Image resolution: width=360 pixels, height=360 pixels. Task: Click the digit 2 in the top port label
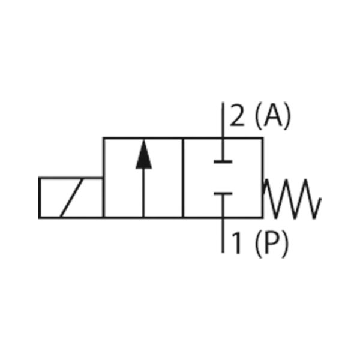(x=237, y=115)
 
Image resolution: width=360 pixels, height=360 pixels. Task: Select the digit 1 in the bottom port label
(x=236, y=243)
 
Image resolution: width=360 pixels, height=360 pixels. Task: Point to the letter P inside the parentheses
(x=271, y=243)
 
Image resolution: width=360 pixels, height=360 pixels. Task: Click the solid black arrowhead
(x=144, y=155)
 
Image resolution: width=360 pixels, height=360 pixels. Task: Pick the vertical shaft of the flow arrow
(x=144, y=193)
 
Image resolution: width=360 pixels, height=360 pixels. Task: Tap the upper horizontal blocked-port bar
(x=223, y=162)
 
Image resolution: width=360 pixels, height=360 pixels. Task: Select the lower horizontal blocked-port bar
(x=223, y=194)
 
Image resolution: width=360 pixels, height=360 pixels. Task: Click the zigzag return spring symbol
(x=292, y=199)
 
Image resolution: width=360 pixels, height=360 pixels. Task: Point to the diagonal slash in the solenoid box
(x=71, y=197)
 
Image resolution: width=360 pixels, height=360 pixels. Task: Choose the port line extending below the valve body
(x=223, y=235)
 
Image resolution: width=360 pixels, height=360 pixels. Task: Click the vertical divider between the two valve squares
(x=183, y=178)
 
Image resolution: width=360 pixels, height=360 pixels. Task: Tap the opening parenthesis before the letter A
(x=258, y=116)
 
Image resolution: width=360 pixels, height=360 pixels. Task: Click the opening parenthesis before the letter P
(x=258, y=244)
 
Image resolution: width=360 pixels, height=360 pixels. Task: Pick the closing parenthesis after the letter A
(x=287, y=116)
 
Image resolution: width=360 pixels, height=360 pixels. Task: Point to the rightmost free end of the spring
(x=320, y=198)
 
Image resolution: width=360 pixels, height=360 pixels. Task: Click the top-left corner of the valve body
(x=104, y=138)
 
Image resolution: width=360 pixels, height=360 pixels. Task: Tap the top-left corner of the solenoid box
(x=40, y=178)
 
